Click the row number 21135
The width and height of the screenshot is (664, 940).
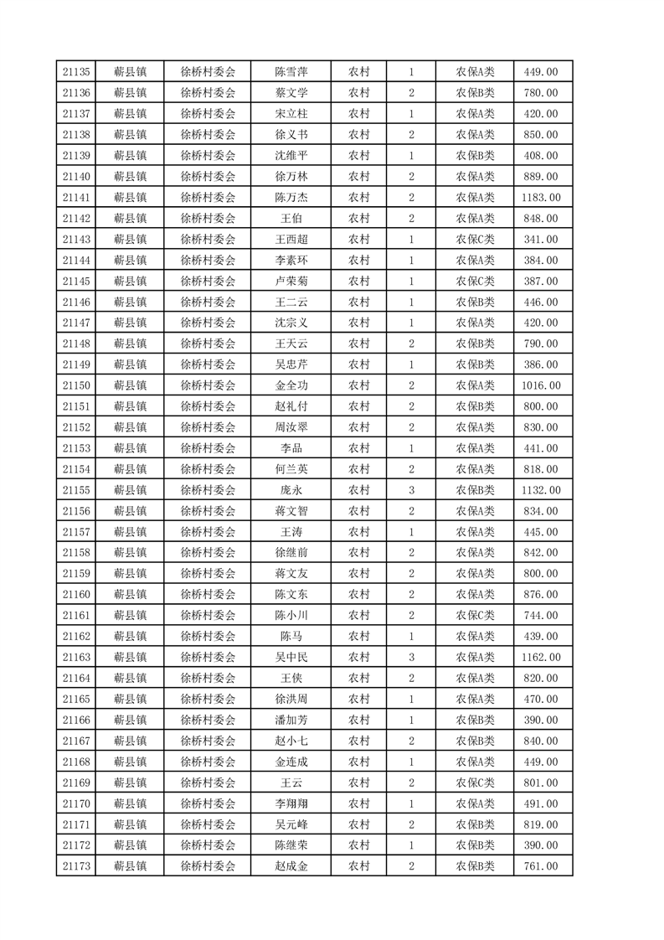point(76,72)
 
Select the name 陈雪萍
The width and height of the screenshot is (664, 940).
point(291,72)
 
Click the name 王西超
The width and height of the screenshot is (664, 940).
point(291,240)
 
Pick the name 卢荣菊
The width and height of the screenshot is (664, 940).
point(291,281)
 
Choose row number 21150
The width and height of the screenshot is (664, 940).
point(76,385)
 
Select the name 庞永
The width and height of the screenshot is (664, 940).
point(291,490)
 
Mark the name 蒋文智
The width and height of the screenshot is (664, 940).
point(291,511)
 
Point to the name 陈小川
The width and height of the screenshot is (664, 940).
point(291,616)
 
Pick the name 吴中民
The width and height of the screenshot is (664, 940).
point(291,658)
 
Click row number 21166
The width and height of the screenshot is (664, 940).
point(76,720)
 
